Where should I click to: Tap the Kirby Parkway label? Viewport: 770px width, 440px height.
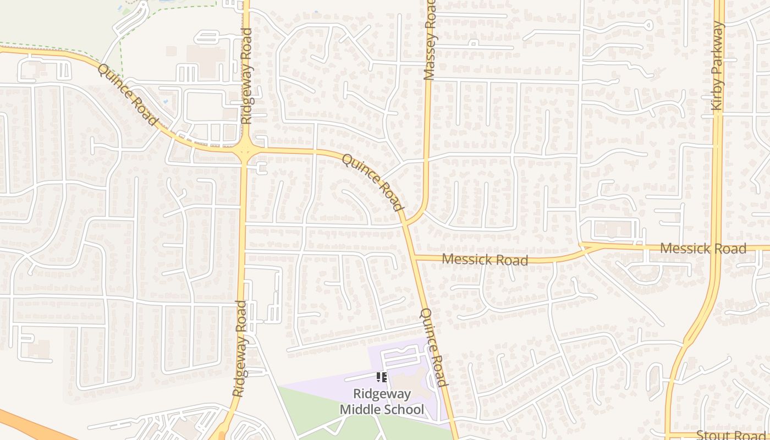pyautogui.click(x=718, y=66)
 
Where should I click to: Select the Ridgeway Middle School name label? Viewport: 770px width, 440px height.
pyautogui.click(x=382, y=402)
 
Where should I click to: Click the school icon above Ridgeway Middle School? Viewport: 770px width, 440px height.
pyautogui.click(x=381, y=377)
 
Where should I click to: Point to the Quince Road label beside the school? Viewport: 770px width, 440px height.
pyautogui.click(x=432, y=347)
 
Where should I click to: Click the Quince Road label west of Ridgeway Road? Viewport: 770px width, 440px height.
pyautogui.click(x=127, y=94)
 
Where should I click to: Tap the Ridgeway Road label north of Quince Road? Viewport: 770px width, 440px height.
pyautogui.click(x=246, y=76)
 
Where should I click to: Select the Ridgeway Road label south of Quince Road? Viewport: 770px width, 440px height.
pyautogui.click(x=239, y=349)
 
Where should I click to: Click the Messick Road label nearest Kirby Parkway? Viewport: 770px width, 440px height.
pyautogui.click(x=703, y=249)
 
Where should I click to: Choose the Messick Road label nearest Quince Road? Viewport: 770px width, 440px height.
pyautogui.click(x=485, y=259)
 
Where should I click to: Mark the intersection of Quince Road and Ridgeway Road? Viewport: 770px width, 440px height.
pyautogui.click(x=245, y=148)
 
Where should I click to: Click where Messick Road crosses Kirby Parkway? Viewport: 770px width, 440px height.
pyautogui.click(x=716, y=248)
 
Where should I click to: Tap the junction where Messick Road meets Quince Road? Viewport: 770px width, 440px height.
pyautogui.click(x=414, y=257)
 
